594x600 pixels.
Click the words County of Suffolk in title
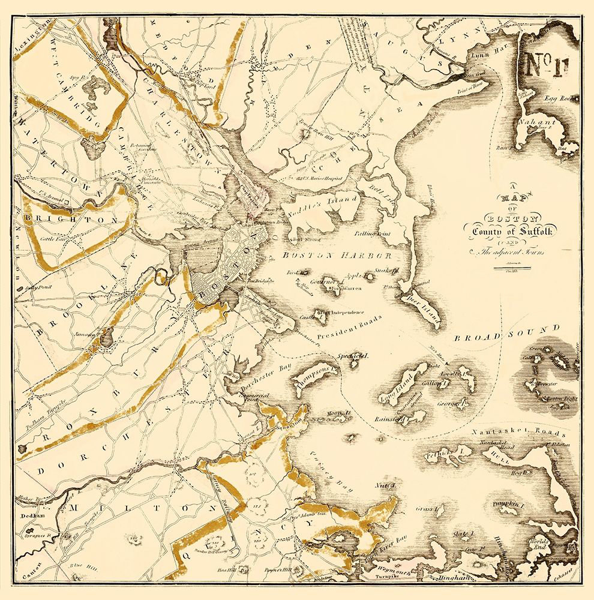click(x=514, y=231)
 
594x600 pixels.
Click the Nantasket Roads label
click(x=519, y=433)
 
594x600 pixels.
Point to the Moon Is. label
click(x=338, y=415)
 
